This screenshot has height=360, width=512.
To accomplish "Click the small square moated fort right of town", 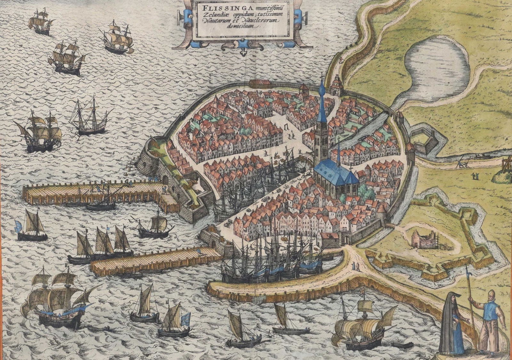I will (426, 141).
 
